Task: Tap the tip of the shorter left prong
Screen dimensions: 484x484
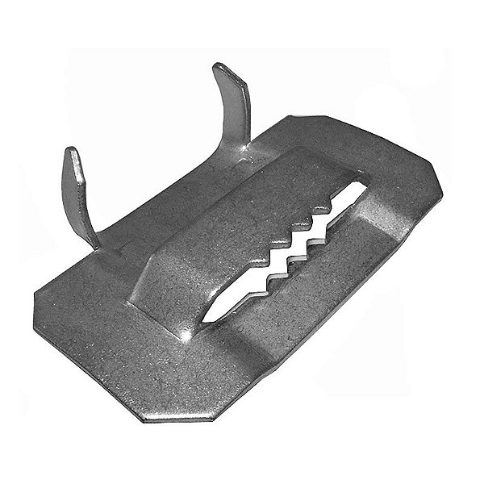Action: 71,152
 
